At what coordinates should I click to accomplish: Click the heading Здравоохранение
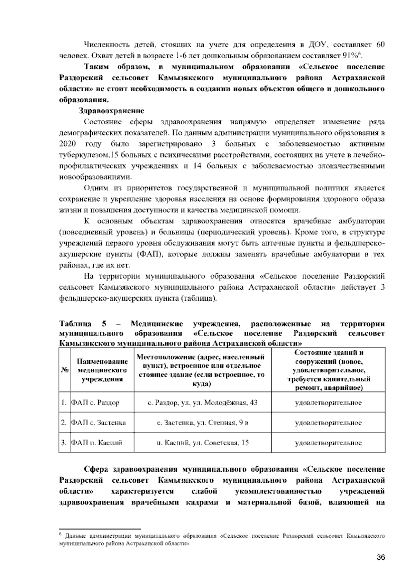point(112,111)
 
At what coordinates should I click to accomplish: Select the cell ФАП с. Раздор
point(95,403)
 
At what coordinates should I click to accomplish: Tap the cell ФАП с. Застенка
point(98,423)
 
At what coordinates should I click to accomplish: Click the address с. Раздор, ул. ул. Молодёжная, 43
point(202,403)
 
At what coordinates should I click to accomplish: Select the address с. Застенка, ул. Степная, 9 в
point(202,423)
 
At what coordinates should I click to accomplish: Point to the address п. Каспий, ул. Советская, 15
point(202,443)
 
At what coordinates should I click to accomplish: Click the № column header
point(64,370)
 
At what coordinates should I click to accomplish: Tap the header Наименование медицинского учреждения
point(102,370)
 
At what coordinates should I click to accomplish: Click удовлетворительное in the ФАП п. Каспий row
point(328,443)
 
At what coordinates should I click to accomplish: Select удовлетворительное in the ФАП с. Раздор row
point(328,403)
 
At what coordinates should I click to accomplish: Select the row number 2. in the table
point(64,423)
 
